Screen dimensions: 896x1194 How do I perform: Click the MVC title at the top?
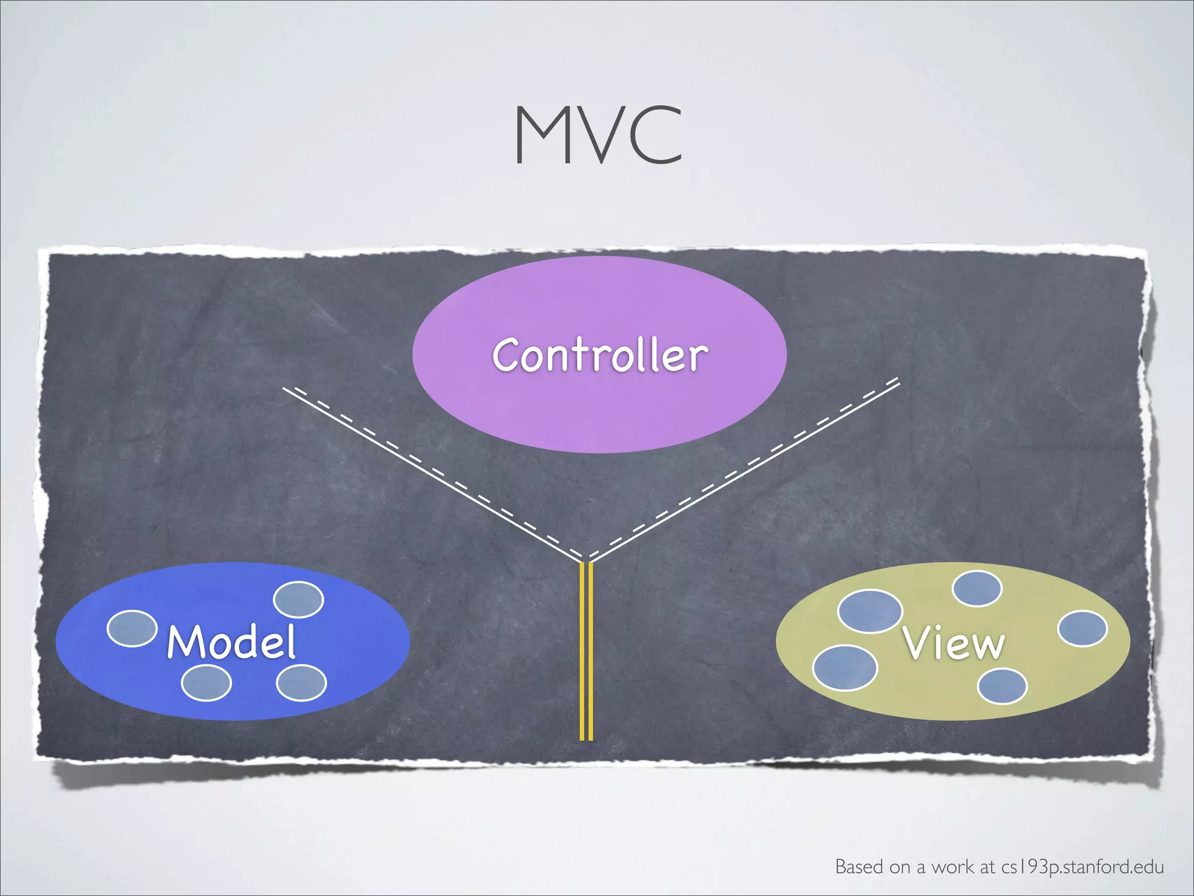(x=598, y=135)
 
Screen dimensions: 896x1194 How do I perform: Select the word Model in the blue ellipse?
(x=231, y=641)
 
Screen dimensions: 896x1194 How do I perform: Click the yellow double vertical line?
(x=587, y=650)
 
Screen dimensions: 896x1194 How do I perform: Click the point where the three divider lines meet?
(x=587, y=561)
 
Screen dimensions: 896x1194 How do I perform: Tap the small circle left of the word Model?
(x=132, y=628)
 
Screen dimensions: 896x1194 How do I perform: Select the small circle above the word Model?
(x=298, y=599)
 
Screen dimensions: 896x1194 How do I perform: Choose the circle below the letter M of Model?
(x=206, y=683)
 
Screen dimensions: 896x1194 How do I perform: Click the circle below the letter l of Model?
(x=301, y=683)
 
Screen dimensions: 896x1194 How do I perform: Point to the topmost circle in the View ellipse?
(x=977, y=589)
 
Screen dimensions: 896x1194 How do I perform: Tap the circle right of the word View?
(x=1082, y=628)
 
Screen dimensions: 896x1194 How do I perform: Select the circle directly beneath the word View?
(x=1002, y=686)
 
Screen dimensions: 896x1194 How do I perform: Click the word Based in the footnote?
(x=859, y=867)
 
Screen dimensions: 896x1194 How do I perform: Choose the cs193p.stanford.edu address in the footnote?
(x=1083, y=867)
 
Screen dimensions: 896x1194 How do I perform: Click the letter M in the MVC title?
(x=539, y=135)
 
